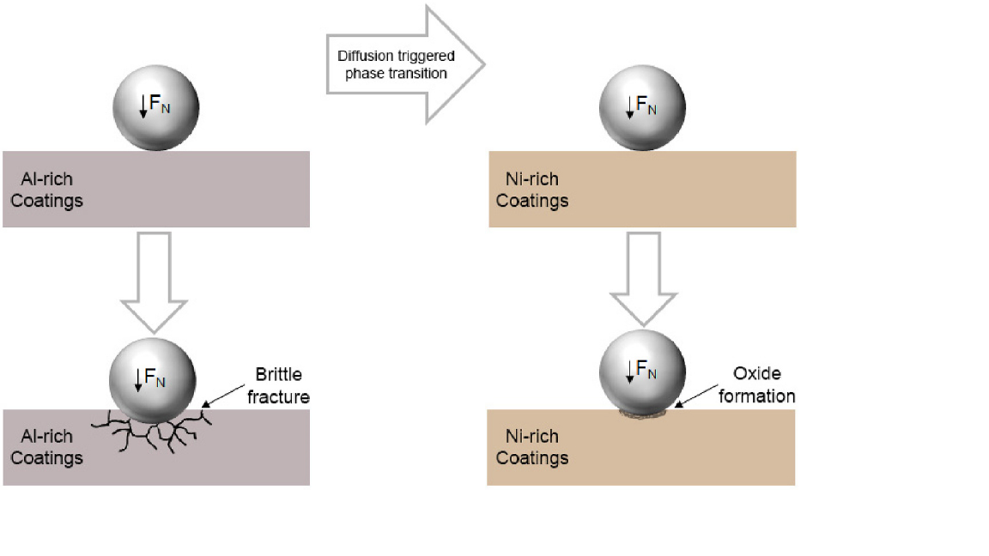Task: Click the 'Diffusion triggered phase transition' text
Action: click(x=396, y=64)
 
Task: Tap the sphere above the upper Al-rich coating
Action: click(x=156, y=108)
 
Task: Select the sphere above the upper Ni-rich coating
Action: click(x=642, y=108)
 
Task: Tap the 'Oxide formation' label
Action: click(x=763, y=384)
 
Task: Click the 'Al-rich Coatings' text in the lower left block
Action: click(x=46, y=446)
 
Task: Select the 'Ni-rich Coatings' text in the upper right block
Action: click(x=532, y=190)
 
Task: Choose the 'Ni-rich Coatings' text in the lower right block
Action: click(x=532, y=446)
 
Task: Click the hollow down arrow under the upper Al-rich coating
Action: click(x=154, y=280)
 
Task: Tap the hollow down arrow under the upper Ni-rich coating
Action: click(x=643, y=280)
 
